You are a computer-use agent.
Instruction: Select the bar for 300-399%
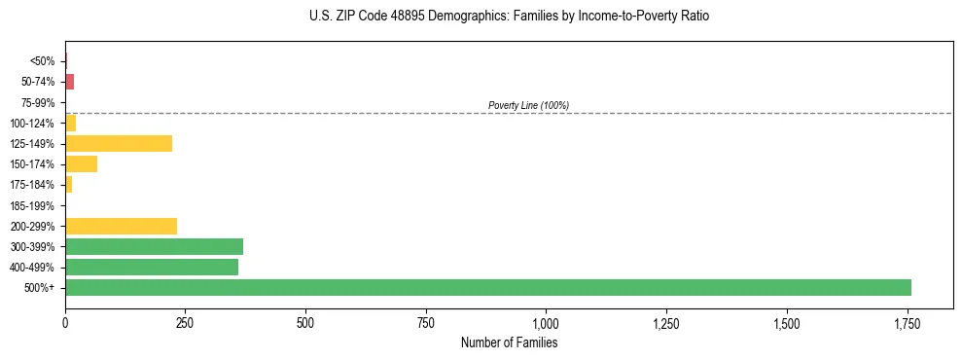[154, 246]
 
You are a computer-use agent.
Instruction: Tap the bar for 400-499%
[152, 267]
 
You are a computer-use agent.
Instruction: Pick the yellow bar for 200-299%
[121, 226]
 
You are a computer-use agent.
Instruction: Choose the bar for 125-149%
[119, 143]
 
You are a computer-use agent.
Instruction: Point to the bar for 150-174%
[81, 163]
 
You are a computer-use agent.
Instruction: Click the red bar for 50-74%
[69, 82]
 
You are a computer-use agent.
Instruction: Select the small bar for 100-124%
[70, 123]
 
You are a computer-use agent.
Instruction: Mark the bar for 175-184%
[68, 184]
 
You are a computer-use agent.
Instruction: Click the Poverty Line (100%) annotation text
[528, 105]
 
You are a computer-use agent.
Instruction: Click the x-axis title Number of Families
[509, 342]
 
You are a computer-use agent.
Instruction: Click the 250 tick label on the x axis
[186, 323]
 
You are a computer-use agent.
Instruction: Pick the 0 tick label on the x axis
[65, 323]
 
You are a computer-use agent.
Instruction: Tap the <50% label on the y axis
[43, 61]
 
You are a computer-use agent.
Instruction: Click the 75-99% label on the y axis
[39, 102]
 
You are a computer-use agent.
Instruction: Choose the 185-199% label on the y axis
[35, 205]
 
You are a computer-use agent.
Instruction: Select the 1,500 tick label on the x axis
[786, 323]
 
